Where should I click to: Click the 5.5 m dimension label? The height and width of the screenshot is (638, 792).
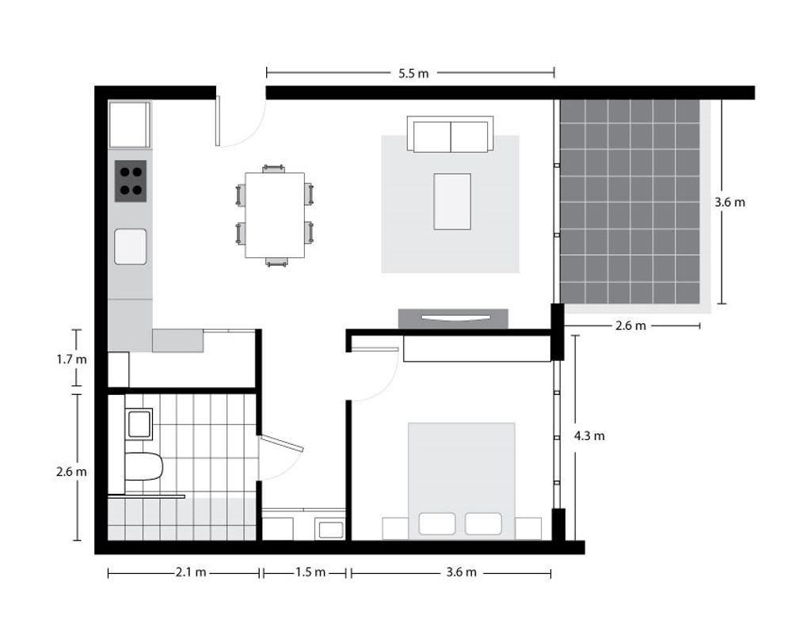pyautogui.click(x=413, y=74)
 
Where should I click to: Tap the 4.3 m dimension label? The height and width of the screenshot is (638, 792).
pyautogui.click(x=589, y=435)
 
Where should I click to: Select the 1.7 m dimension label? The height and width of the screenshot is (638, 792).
pyautogui.click(x=71, y=360)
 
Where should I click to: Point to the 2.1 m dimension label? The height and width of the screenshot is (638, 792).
pyautogui.click(x=191, y=572)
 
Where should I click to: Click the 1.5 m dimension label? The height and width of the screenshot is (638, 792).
pyautogui.click(x=310, y=572)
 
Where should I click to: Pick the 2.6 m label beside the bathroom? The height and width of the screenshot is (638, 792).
pyautogui.click(x=71, y=472)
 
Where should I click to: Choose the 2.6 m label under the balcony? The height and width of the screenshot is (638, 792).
pyautogui.click(x=630, y=326)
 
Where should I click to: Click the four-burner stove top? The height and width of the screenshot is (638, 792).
pyautogui.click(x=131, y=181)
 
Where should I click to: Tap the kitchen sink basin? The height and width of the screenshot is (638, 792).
pyautogui.click(x=131, y=247)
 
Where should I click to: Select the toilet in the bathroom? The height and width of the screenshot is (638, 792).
pyautogui.click(x=143, y=466)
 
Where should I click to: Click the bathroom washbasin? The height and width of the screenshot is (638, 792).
pyautogui.click(x=139, y=424)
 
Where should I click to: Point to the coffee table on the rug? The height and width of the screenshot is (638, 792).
pyautogui.click(x=452, y=201)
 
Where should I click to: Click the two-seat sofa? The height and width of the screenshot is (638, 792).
pyautogui.click(x=451, y=135)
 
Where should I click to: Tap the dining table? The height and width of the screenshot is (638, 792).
pyautogui.click(x=275, y=215)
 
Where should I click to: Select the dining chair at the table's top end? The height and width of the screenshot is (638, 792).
pyautogui.click(x=274, y=169)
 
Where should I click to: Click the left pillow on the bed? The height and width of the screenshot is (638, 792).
pyautogui.click(x=437, y=524)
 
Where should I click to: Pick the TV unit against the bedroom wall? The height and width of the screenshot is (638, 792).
pyautogui.click(x=453, y=318)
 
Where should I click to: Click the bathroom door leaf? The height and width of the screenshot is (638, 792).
pyautogui.click(x=281, y=444)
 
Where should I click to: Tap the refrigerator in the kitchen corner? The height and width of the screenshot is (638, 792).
pyautogui.click(x=129, y=125)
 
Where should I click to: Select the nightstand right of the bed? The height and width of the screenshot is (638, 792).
pyautogui.click(x=528, y=529)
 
